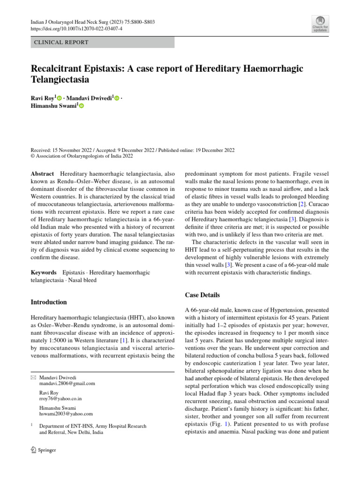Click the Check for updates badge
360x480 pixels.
(x=320, y=24)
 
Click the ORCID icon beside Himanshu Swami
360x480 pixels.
(x=82, y=107)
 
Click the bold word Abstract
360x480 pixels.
(x=43, y=173)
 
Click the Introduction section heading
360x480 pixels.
(x=49, y=302)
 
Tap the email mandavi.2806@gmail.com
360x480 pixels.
(x=67, y=383)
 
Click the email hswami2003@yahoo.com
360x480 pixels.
(x=66, y=414)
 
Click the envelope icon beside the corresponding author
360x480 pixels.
(x=32, y=377)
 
